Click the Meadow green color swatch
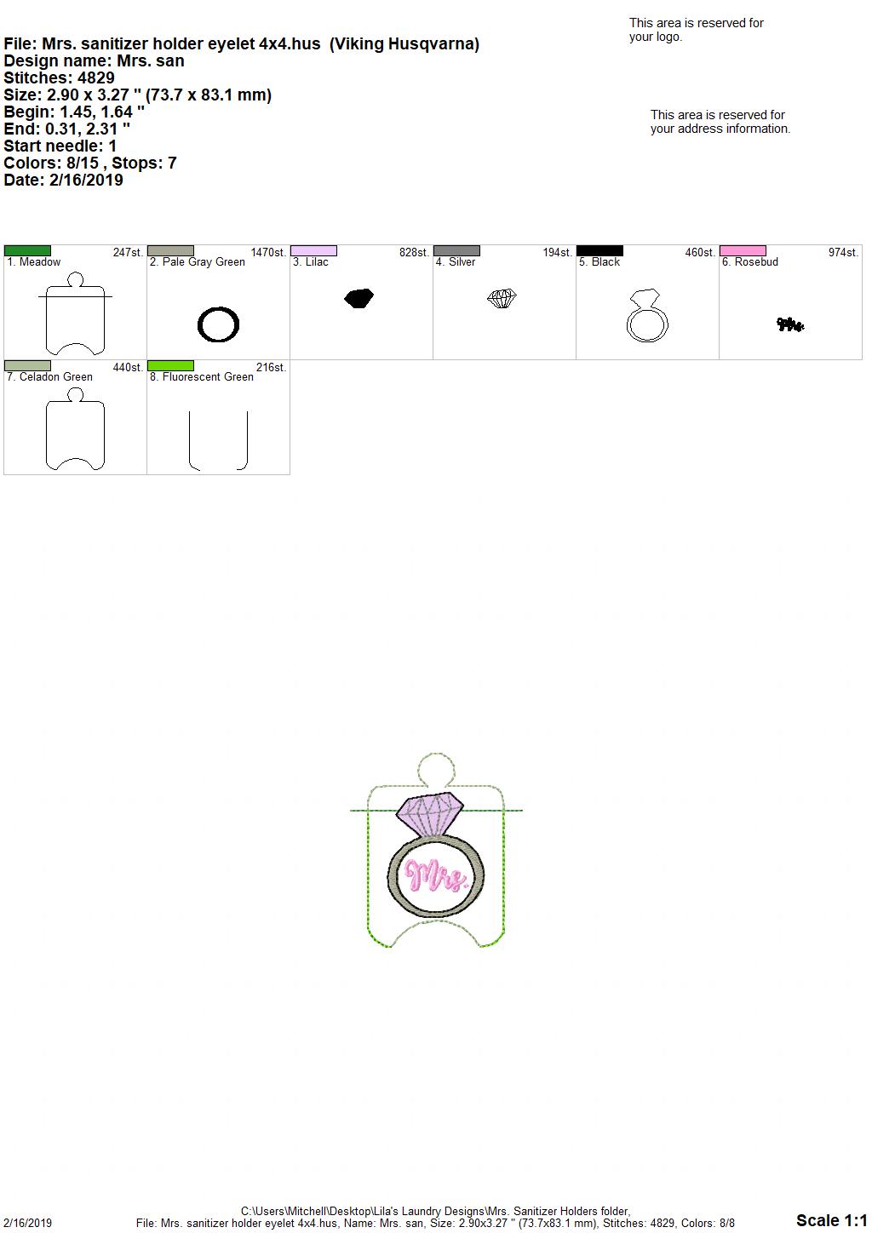point(27,251)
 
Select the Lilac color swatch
point(313,251)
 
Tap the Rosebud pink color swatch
point(743,251)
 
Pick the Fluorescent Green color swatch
point(170,366)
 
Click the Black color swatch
point(599,251)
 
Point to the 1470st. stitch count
point(268,253)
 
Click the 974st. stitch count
point(843,253)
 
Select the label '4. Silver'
point(456,262)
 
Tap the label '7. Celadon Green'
point(49,377)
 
